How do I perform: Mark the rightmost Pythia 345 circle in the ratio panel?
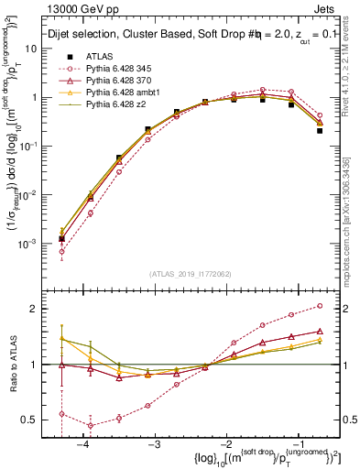pyautogui.click(x=320, y=306)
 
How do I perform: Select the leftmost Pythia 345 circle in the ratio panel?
pyautogui.click(x=61, y=413)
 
